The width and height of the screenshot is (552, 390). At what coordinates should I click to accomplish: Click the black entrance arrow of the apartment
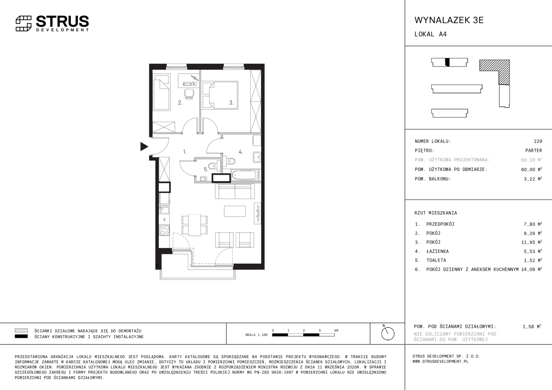(144, 147)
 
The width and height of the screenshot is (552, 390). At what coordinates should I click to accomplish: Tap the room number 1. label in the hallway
(185, 152)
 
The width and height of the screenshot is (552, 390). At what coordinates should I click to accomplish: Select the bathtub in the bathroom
(245, 175)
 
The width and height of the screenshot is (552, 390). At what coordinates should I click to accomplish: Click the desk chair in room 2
(189, 94)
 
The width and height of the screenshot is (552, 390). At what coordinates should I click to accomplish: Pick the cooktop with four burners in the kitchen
(165, 230)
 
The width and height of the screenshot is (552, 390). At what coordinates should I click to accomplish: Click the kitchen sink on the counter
(164, 210)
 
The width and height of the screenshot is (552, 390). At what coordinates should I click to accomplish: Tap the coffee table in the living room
(234, 211)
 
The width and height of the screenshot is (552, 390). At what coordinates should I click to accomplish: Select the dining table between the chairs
(194, 225)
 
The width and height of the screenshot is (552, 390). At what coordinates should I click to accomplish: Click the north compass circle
(388, 334)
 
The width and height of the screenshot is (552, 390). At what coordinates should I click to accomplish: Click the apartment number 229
(538, 141)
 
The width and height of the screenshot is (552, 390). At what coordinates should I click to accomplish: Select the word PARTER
(534, 150)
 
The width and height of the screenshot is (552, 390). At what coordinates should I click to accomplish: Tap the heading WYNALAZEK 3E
(449, 20)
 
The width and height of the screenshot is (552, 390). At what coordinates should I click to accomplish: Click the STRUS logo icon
(23, 23)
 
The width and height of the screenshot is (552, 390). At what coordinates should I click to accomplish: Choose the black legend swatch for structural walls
(21, 337)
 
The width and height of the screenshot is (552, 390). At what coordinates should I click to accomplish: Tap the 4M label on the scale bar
(336, 330)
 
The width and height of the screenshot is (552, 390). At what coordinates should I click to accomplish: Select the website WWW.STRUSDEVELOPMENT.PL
(440, 361)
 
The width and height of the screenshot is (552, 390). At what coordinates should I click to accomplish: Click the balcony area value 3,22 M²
(533, 179)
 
